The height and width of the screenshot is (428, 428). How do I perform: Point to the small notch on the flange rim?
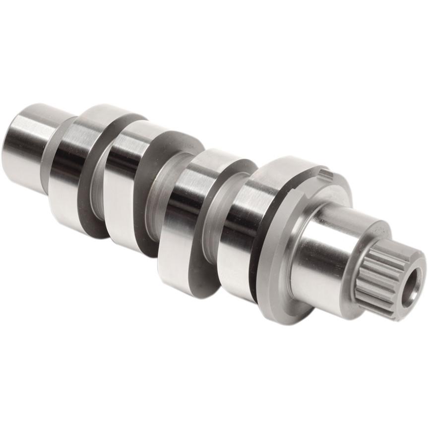pyautogui.click(x=325, y=174)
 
